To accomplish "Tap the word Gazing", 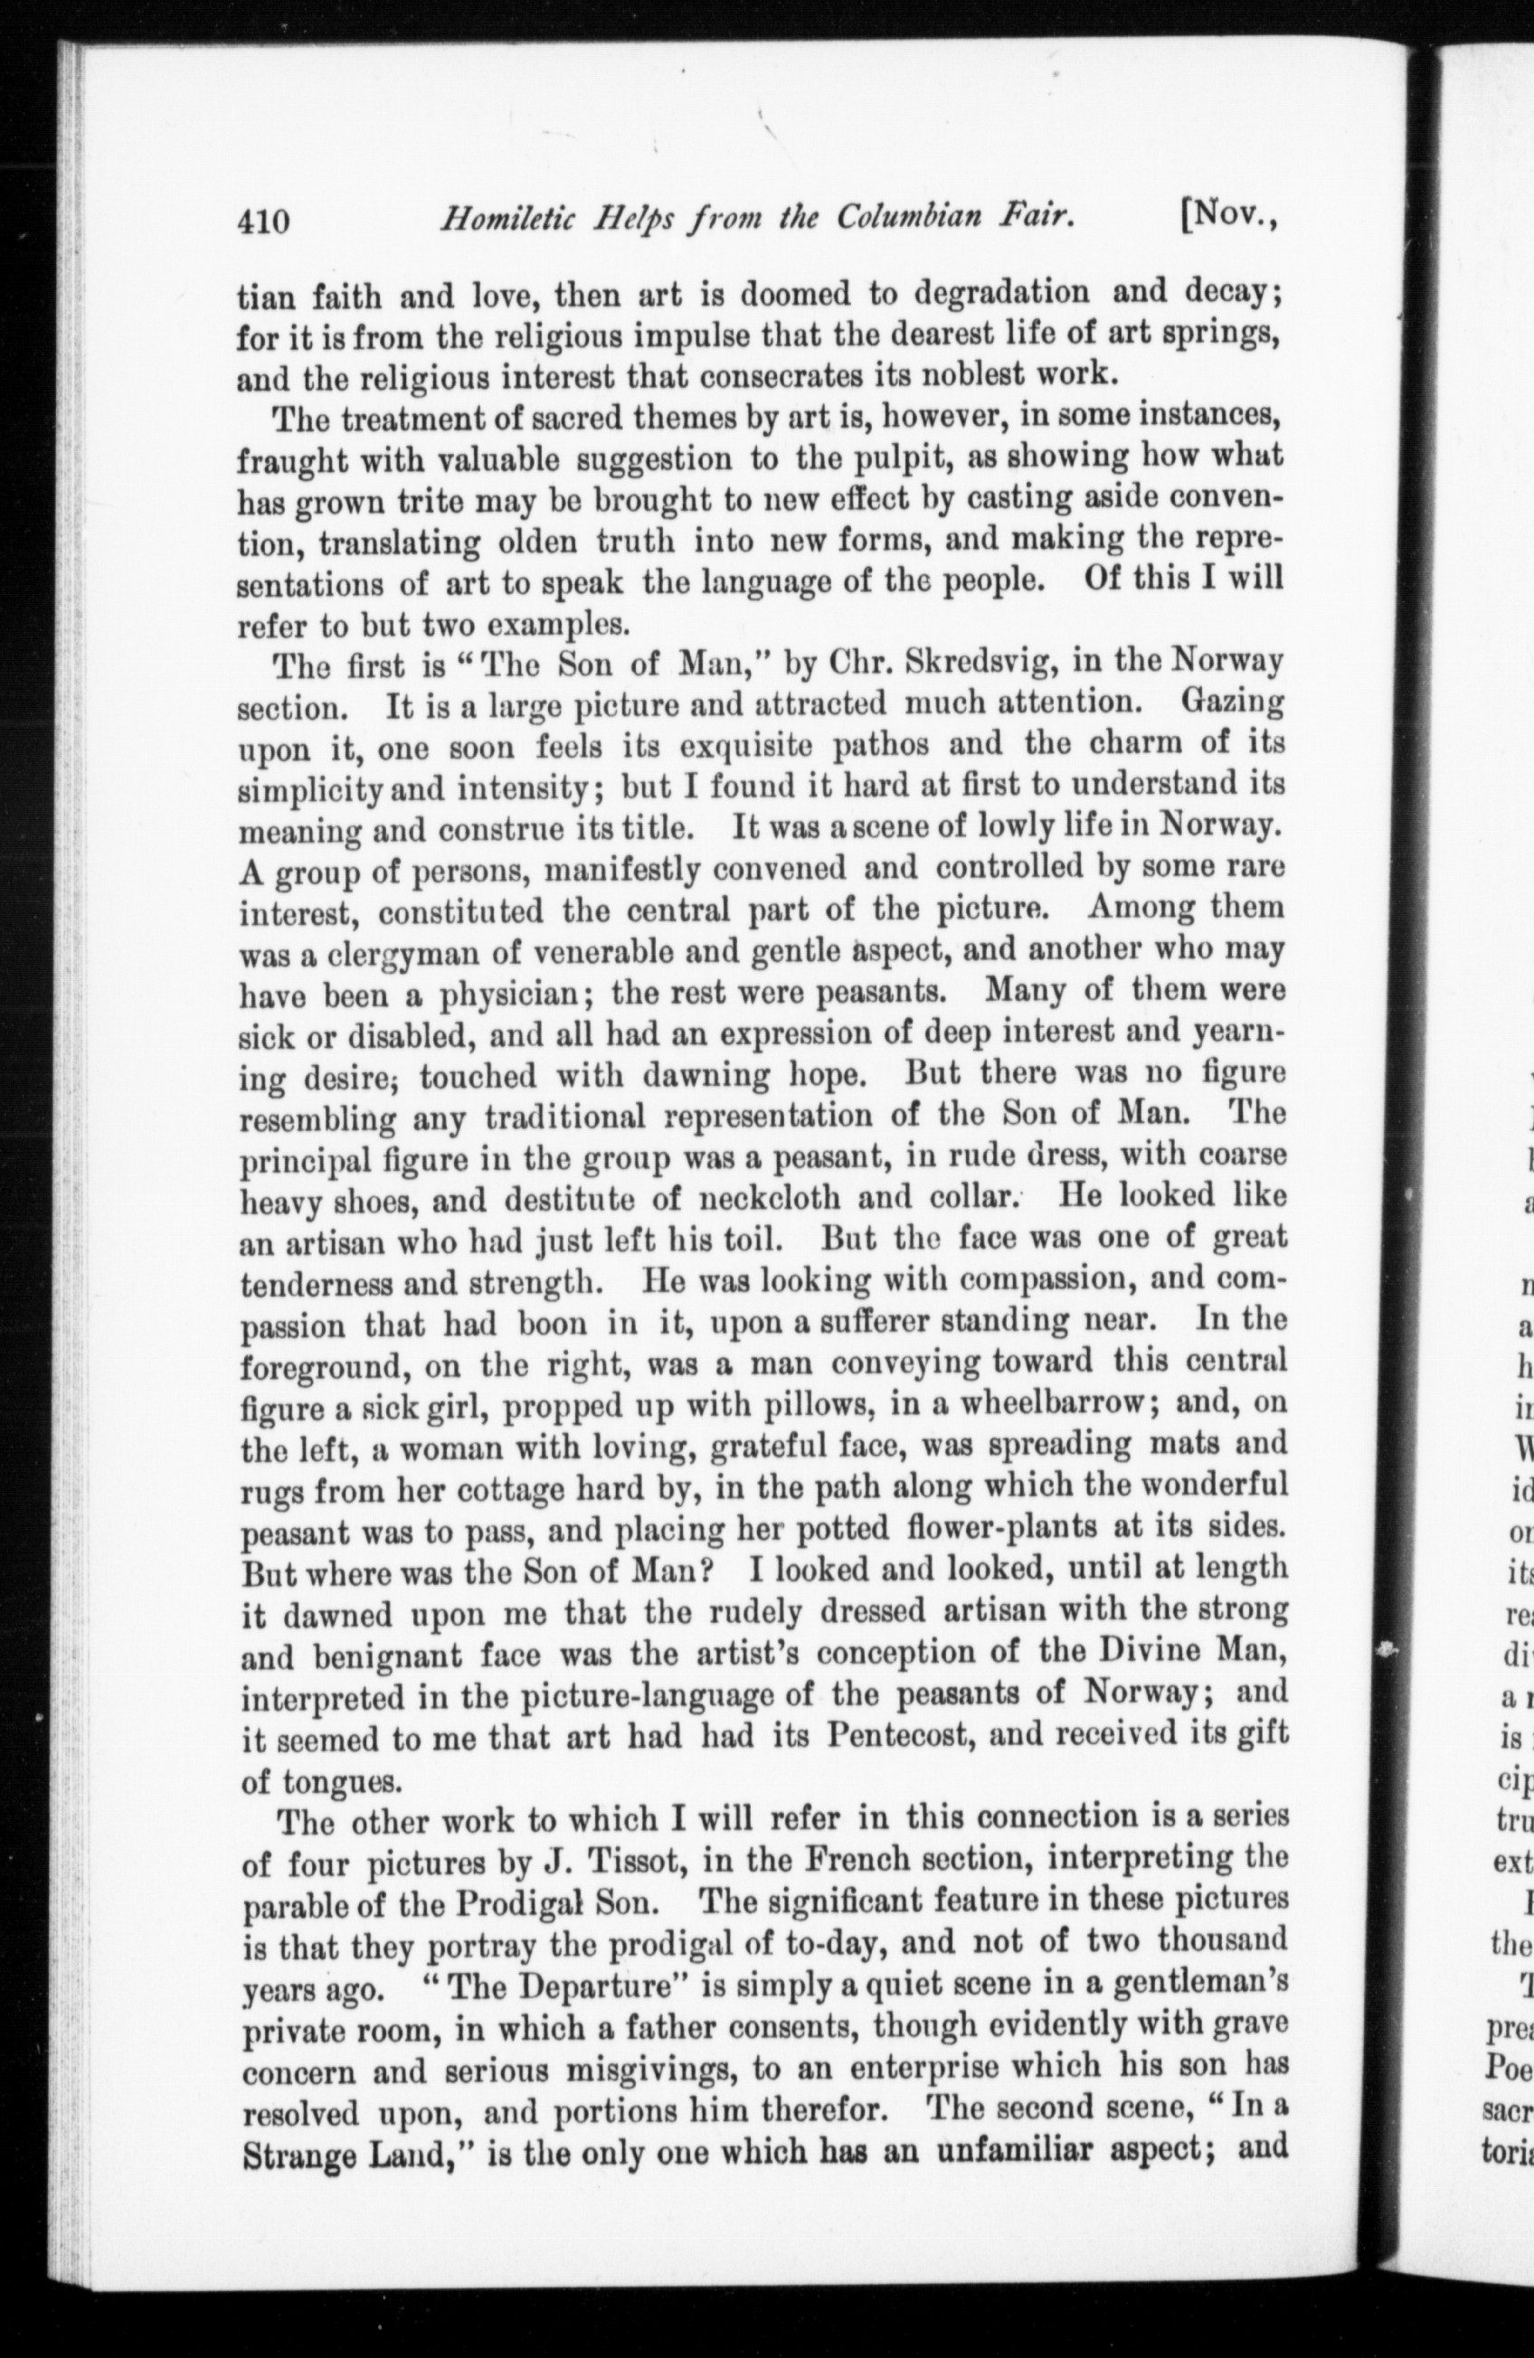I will click(1234, 702).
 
